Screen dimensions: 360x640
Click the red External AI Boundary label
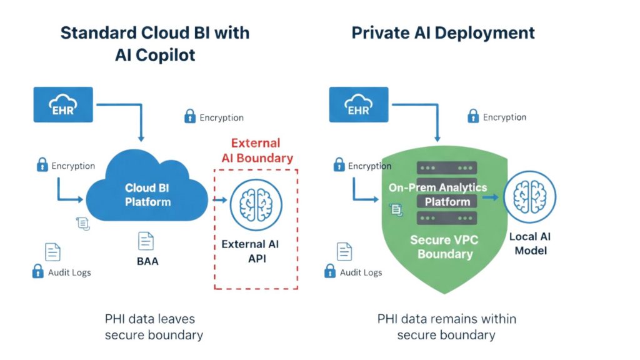[256, 151]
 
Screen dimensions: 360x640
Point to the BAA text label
[147, 261]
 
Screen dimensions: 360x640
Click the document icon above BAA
[146, 241]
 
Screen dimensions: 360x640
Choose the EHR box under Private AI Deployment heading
[358, 104]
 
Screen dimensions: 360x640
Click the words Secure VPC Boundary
[445, 247]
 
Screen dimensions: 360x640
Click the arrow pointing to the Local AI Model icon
[491, 197]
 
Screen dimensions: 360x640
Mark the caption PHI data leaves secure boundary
[154, 327]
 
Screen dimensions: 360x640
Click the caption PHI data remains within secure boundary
[446, 327]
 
